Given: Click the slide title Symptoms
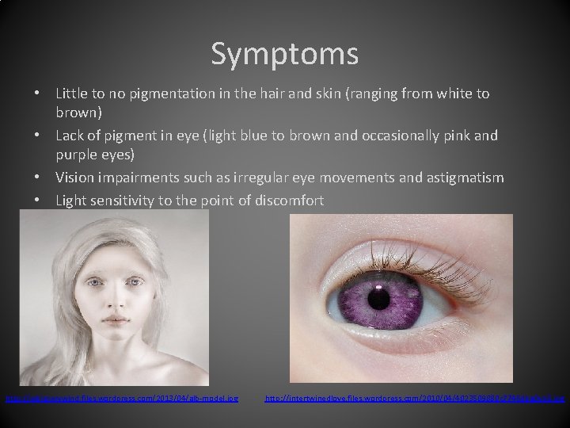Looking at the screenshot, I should point(284,54).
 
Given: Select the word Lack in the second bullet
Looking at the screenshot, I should point(72,136).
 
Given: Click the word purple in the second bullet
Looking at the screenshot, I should point(79,152).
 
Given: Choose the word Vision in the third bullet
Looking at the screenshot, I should point(76,178).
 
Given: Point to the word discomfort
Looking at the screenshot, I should point(289,201).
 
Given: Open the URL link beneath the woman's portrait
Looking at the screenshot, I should point(122,396).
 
